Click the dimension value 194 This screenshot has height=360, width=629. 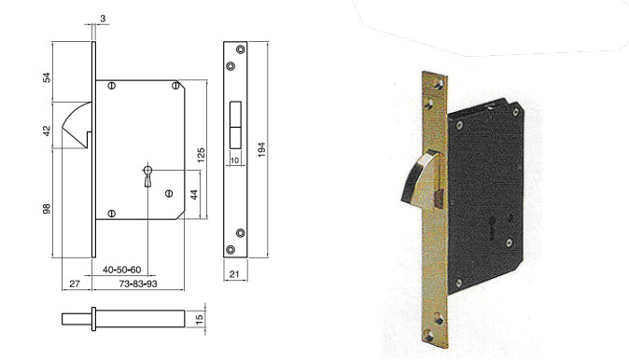click(x=261, y=149)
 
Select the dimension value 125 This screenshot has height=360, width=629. click(x=201, y=155)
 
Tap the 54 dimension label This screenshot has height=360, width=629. click(x=47, y=77)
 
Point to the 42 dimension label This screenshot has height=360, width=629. click(x=47, y=131)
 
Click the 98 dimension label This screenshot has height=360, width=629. click(x=47, y=209)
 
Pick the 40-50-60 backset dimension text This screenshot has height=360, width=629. click(x=121, y=270)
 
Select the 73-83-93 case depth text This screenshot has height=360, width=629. click(x=137, y=284)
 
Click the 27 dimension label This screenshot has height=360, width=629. click(x=75, y=284)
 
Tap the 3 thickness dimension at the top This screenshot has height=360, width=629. click(x=103, y=19)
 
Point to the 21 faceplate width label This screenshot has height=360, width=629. click(x=234, y=274)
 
